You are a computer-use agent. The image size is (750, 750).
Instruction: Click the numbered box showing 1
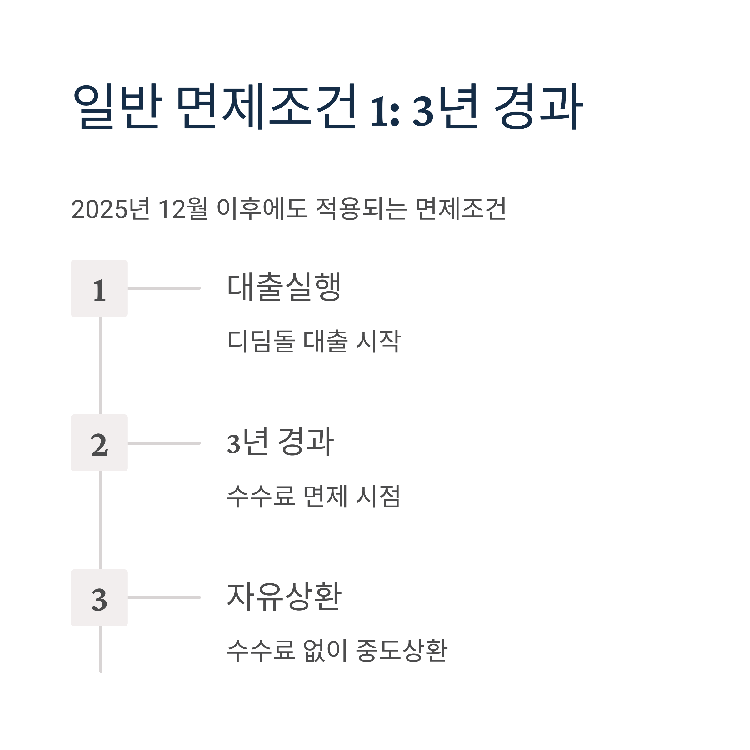[99, 288]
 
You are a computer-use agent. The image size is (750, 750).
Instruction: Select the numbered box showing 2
[99, 443]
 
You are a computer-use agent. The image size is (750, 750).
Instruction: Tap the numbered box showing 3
[99, 598]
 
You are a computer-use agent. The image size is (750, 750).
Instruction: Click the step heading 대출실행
[284, 287]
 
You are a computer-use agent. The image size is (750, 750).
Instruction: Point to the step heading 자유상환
[284, 597]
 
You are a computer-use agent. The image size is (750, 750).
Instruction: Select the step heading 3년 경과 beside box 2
[280, 442]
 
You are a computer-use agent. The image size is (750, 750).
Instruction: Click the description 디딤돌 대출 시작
[314, 341]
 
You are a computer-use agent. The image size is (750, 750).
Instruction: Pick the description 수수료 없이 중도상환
[337, 651]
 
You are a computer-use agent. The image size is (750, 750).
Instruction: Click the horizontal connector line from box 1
[164, 288]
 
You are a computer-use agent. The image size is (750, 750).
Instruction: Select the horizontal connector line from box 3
[164, 597]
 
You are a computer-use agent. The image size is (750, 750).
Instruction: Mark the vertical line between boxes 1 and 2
[101, 365]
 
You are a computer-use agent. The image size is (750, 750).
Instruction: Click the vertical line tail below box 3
[101, 649]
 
